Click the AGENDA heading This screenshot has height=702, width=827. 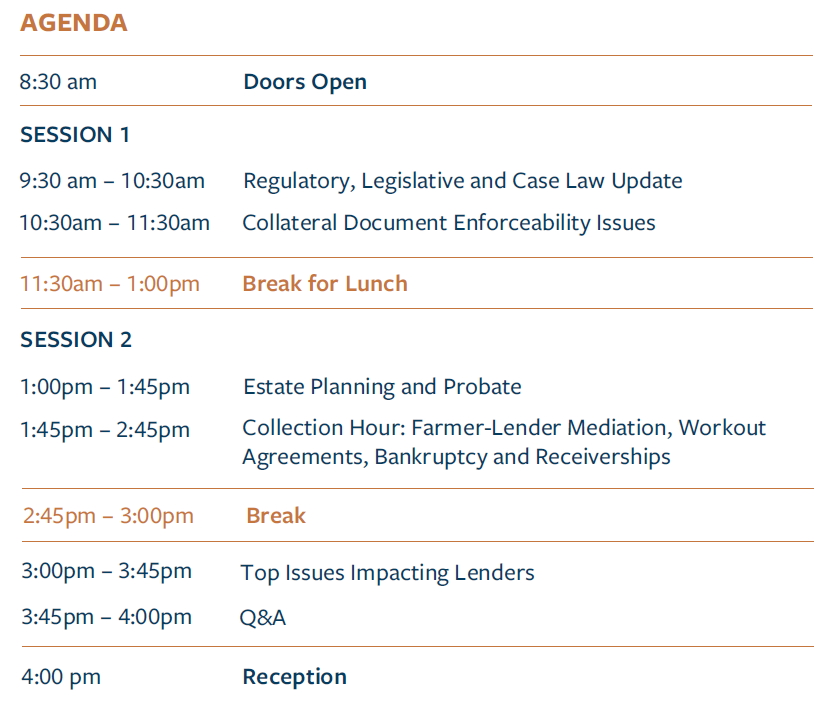74,23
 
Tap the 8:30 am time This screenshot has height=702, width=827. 58,82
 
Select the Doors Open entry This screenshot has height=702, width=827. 305,83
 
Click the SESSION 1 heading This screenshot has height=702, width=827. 74,134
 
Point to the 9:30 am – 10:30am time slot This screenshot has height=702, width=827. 112,181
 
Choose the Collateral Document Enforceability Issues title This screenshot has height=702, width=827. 449,223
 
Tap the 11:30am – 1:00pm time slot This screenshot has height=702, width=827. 110,284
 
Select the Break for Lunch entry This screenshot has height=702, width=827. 325,284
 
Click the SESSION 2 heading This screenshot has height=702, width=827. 75,340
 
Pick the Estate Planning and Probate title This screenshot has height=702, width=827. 382,388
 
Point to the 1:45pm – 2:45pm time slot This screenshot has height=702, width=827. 104,430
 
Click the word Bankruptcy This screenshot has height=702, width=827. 430,458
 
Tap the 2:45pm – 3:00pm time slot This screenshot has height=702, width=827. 108,516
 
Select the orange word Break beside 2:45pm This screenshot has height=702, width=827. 276,516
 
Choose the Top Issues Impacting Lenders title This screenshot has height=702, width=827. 387,573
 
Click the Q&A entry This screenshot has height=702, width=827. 263,618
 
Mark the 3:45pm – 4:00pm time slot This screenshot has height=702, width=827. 106,617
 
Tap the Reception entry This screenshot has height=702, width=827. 294,677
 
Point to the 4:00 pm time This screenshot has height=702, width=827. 61,677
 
